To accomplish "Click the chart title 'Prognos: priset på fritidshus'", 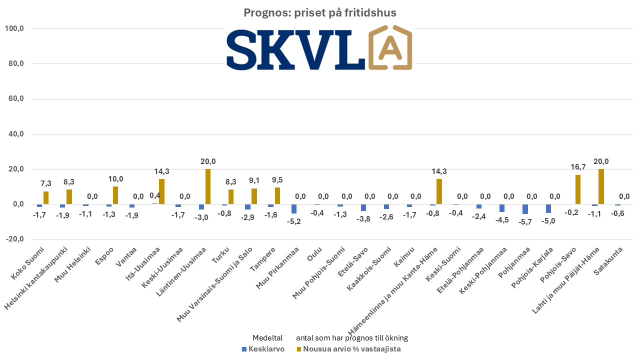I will point(320,13).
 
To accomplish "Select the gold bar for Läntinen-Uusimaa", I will point(208,186).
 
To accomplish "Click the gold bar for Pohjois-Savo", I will point(578,189).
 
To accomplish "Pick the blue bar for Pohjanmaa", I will point(525,209).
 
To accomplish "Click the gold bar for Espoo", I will point(115,195).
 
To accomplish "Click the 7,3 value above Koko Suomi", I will point(46,183).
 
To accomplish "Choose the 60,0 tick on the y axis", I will point(15,99).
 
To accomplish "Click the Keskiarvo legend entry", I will point(263,349).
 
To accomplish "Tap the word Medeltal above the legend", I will point(267,338).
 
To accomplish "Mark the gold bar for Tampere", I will point(277,196).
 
